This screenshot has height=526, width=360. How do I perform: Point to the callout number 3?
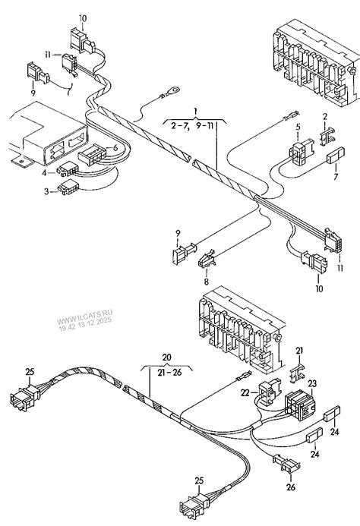[x=47, y=192]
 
